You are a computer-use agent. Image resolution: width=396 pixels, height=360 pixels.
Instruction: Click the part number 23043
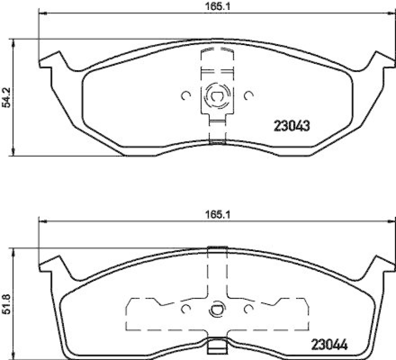coord(292,126)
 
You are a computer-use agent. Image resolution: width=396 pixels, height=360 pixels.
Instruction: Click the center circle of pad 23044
coord(216,310)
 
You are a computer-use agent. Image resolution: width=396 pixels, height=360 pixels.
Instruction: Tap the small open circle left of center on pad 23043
coord(186,96)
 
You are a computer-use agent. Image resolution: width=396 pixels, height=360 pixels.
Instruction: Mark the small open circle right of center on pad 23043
coord(247,96)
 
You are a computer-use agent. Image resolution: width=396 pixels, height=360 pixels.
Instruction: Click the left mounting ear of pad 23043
coord(50,61)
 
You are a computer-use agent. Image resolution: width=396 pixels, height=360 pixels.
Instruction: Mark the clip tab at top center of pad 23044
coord(216,248)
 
